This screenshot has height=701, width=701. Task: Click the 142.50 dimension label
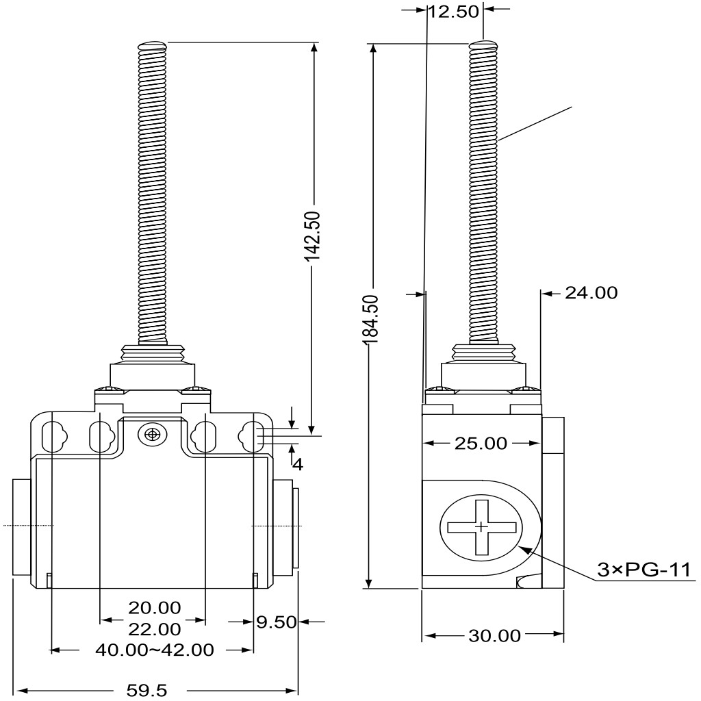(312, 235)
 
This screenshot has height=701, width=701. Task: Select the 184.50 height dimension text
(371, 319)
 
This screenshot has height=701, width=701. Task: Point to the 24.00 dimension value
(591, 293)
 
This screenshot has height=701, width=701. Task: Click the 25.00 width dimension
(481, 444)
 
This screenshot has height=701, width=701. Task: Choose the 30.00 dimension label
(494, 635)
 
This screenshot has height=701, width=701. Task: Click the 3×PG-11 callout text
(643, 570)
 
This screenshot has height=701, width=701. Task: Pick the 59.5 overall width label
(146, 691)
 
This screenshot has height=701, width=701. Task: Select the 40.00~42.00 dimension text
(155, 650)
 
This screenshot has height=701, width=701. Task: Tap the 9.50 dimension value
(277, 622)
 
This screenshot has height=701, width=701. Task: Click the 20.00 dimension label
(155, 608)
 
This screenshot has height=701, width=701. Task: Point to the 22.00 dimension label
(155, 629)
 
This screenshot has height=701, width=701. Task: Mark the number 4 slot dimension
(298, 465)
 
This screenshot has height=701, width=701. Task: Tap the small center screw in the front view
(153, 434)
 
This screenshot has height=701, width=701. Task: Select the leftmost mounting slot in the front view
(53, 437)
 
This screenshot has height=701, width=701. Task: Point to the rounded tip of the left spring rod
(153, 44)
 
